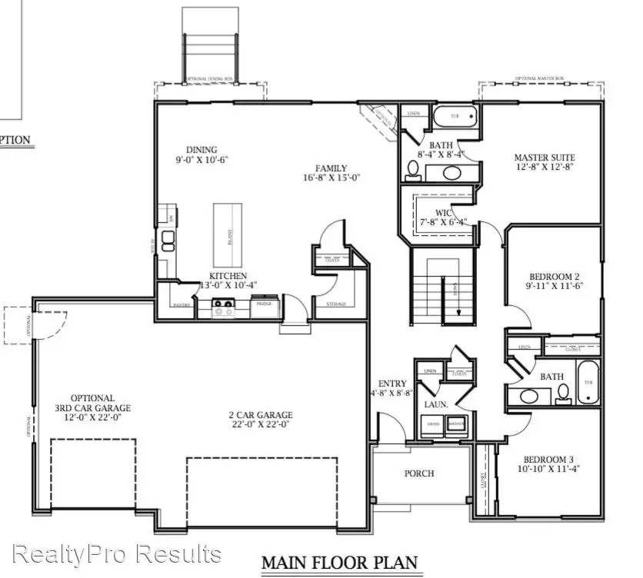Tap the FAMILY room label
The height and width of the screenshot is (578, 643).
pos(331,168)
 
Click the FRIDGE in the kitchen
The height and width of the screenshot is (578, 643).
pos(264,304)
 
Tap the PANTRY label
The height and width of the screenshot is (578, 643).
pos(182,305)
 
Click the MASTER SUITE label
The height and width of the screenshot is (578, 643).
pos(544,158)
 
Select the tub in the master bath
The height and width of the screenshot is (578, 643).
pos(455,118)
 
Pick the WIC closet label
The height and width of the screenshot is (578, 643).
pos(443,213)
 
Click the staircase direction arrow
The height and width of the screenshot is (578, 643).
pos(459,290)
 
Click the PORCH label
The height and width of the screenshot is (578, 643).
pos(419,473)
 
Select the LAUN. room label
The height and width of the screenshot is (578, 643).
pos(439,404)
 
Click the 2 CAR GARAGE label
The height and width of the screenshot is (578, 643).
pos(261,416)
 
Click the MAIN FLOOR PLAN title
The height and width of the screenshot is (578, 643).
pos(339,563)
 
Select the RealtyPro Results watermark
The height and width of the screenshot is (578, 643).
pos(118,553)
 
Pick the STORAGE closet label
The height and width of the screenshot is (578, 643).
pos(335,304)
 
